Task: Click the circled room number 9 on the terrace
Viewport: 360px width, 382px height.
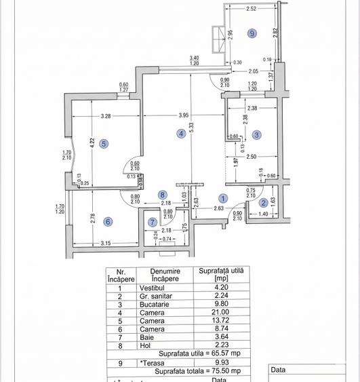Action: [x=252, y=33]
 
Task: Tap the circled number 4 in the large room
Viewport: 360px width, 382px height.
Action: [x=181, y=134]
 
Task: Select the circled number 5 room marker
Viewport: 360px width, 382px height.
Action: [x=103, y=144]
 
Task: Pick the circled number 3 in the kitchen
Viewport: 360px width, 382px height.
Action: [x=257, y=135]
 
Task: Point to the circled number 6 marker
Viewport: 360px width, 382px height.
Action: [x=108, y=221]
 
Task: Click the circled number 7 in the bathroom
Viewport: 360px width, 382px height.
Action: [x=153, y=222]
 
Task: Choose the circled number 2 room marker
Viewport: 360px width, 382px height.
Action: [x=264, y=203]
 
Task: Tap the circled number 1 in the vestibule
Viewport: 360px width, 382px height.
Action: [x=224, y=198]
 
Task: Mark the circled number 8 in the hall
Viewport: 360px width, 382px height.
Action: [x=162, y=195]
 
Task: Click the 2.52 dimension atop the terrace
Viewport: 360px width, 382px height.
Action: [x=251, y=9]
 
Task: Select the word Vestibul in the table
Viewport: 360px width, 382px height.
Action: [x=153, y=287]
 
